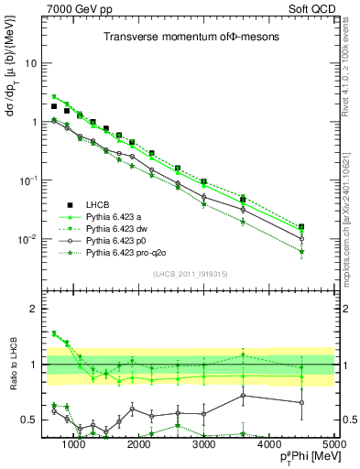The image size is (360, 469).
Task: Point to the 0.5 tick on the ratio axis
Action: pos(30,420)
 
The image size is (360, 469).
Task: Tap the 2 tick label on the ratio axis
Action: pos(35,309)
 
